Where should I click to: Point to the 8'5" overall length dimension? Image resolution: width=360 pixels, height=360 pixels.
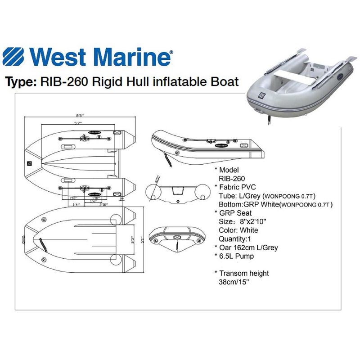80,115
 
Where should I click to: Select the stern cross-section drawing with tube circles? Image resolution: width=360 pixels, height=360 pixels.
177,193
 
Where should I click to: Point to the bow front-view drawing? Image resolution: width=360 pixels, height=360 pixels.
177,236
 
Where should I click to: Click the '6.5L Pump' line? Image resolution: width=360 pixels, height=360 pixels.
236,256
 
